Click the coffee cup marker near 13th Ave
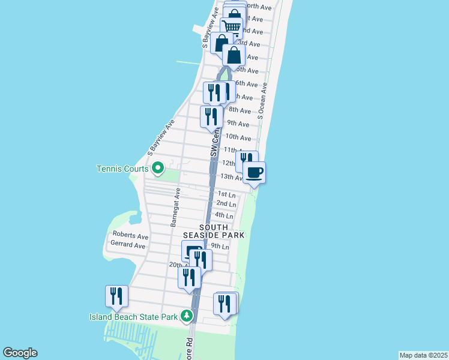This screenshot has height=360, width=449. point(254,173)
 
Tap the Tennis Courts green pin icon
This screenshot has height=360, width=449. point(157,168)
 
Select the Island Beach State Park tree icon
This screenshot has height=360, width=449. point(187,316)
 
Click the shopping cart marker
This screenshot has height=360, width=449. point(231,27)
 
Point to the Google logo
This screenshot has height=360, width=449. point(20,353)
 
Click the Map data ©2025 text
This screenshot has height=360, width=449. point(423,355)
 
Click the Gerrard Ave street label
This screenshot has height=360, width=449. point(128,245)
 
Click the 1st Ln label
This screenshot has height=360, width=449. point(226,194)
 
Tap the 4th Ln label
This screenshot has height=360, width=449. point(224,215)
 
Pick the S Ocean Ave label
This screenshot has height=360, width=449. point(261,106)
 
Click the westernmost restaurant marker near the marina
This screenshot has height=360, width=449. point(116,296)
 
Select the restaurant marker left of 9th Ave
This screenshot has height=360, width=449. point(211,116)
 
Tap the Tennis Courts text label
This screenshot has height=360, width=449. point(122,169)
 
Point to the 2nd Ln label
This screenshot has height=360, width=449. point(226,204)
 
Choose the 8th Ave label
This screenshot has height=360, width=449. point(240,110)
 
